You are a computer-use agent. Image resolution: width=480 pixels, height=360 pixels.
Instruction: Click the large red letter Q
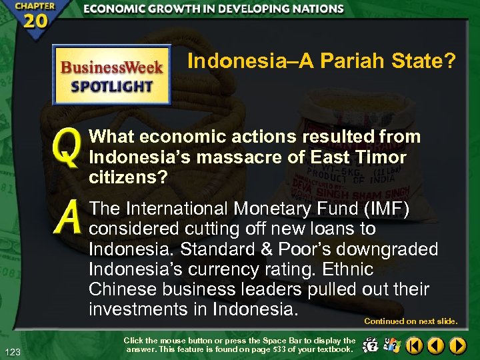point(67,147)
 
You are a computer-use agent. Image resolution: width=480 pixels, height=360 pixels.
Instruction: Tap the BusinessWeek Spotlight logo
point(112,75)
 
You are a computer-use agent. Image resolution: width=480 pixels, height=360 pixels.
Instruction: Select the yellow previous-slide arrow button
point(436,345)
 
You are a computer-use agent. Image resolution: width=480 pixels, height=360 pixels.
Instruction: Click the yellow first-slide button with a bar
point(415,345)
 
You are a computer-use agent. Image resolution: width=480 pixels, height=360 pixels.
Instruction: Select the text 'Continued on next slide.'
point(411,321)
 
